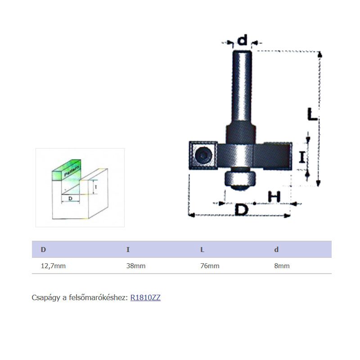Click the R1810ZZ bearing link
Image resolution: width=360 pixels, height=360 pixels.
[x=145, y=297]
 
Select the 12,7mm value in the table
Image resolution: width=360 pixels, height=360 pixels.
[x=53, y=266]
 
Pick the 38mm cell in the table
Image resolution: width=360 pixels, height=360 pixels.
[x=136, y=266]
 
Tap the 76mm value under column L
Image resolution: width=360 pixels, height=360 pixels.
[x=210, y=266]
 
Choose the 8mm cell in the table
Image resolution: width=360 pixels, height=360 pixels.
[x=282, y=266]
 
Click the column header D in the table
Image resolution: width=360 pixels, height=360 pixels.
[x=43, y=250]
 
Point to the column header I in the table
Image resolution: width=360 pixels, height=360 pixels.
[x=128, y=250]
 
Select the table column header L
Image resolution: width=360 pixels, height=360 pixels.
[x=202, y=250]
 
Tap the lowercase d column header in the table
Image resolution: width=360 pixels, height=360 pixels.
[x=276, y=250]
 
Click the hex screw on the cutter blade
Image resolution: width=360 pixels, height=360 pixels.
[x=203, y=155]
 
